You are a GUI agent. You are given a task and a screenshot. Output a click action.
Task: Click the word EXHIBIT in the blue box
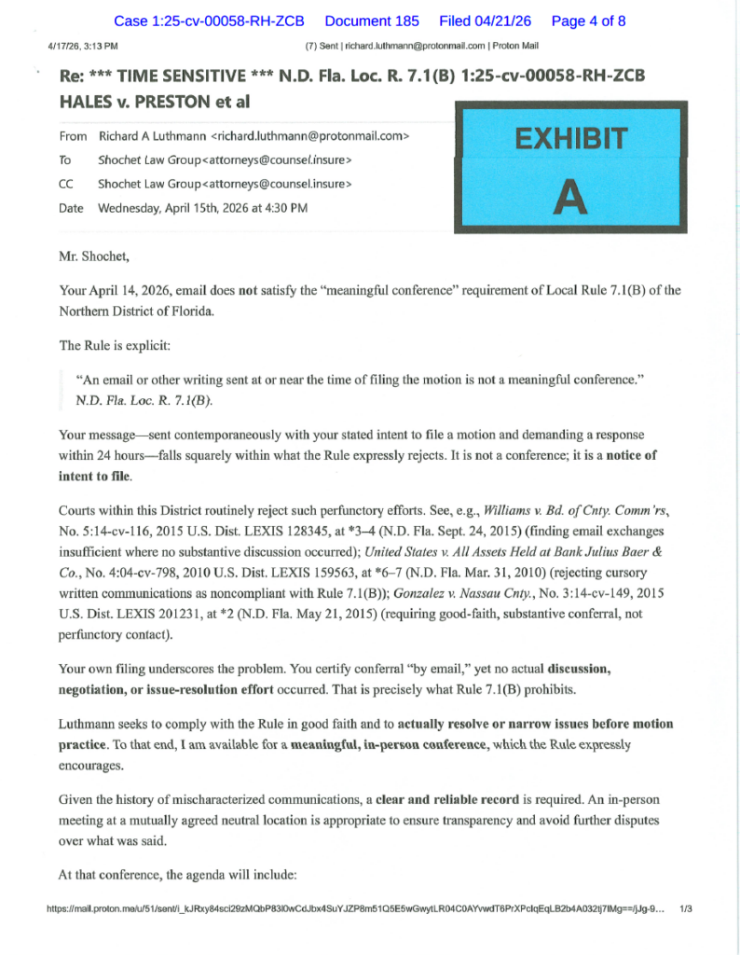(571, 140)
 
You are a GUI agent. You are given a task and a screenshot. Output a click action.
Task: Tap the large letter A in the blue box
(570, 197)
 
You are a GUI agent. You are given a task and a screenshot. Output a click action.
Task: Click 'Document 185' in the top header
(372, 21)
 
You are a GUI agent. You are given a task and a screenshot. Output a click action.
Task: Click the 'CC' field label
(66, 185)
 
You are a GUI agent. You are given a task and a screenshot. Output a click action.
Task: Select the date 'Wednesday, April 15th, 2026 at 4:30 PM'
(202, 208)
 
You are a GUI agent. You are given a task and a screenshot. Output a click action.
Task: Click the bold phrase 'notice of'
(632, 456)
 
